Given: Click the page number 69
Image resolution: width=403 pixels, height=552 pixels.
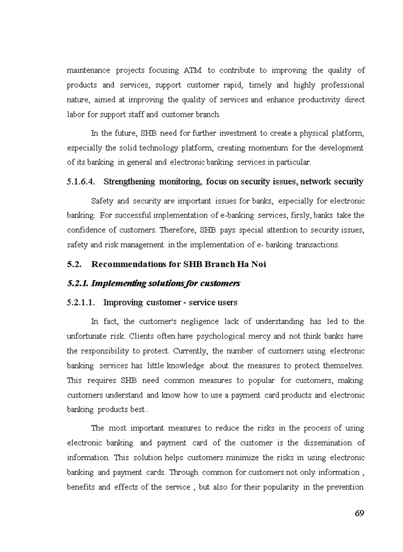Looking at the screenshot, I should (359, 513).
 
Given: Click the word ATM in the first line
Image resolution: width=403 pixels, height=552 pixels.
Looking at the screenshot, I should (192, 70).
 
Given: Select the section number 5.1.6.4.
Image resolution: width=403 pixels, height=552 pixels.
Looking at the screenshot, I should (82, 182).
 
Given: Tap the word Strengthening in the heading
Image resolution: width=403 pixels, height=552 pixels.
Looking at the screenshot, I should (129, 182).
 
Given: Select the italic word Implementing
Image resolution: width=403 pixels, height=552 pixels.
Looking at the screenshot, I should (115, 283).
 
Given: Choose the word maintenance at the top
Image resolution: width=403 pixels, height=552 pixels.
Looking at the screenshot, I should (88, 70).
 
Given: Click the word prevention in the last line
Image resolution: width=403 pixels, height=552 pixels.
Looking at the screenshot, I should (344, 487).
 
